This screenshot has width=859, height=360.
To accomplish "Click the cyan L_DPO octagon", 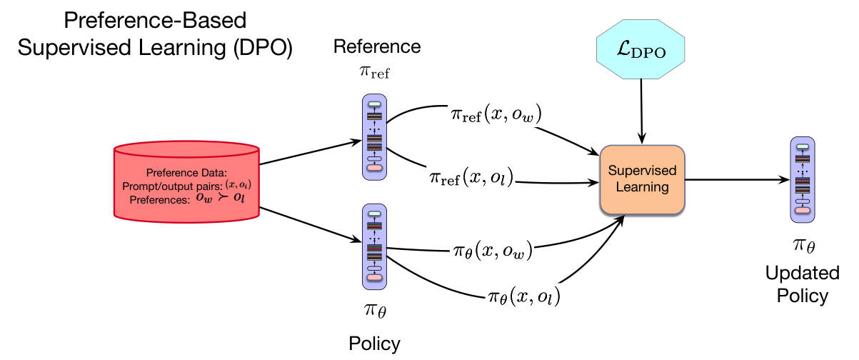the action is (641, 49).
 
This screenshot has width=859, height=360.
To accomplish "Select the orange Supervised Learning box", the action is (643, 179).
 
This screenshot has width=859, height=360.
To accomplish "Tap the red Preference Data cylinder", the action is (187, 182).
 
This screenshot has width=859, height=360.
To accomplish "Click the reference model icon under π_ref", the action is (375, 137).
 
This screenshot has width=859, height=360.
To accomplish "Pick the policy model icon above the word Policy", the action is (375, 246).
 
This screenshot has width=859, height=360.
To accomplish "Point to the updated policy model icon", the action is (803, 179).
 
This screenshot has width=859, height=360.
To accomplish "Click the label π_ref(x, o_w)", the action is (496, 114).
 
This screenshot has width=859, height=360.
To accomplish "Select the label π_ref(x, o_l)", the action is (471, 177).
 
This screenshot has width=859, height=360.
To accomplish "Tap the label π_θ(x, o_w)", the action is (493, 251).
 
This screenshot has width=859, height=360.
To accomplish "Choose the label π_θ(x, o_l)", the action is (524, 296).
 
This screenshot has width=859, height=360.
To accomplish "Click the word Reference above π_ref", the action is (377, 47).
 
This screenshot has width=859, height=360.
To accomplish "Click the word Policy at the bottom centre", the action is (374, 344).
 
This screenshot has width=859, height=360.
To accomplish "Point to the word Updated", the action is (803, 273).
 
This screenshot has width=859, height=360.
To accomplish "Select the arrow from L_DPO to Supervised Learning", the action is (641, 111).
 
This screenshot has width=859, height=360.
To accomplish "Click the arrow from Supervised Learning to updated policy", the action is (737, 179).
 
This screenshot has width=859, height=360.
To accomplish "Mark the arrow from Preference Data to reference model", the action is (311, 152).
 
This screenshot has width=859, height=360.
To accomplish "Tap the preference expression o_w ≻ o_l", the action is (221, 198).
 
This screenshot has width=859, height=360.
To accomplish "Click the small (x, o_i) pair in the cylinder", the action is (238, 184).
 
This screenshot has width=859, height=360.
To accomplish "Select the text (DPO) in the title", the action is (263, 48).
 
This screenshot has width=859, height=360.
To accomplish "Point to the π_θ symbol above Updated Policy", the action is (804, 245).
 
